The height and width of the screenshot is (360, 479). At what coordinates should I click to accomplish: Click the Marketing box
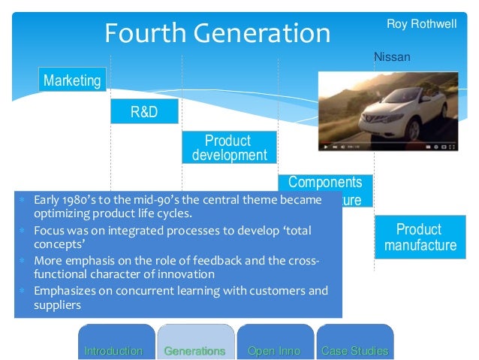click(72, 80)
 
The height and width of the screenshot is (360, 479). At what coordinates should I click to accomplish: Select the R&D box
click(144, 113)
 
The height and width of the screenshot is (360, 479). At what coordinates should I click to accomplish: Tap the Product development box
click(229, 148)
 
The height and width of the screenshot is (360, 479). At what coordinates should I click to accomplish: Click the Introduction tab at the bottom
click(114, 350)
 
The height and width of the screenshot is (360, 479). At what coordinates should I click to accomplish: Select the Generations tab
click(194, 350)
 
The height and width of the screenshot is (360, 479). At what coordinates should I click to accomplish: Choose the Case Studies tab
click(354, 350)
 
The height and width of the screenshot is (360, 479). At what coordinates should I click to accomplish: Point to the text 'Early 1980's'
click(61, 200)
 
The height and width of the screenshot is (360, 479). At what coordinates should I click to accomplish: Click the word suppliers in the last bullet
click(57, 305)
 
